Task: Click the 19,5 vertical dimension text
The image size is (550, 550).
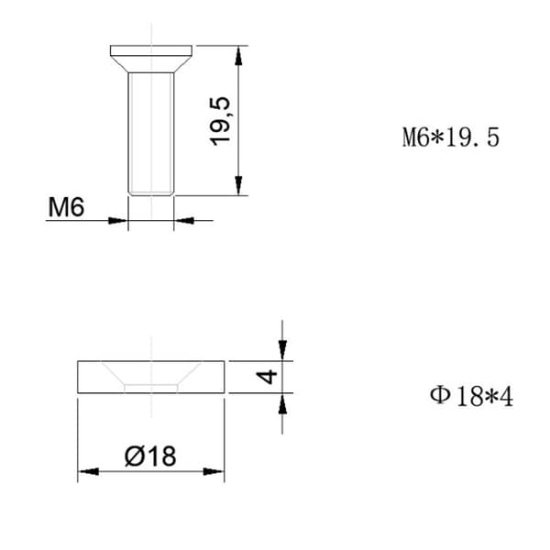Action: coord(220,121)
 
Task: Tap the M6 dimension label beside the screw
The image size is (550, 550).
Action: coord(66,207)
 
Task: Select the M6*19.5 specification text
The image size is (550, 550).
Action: coord(451,137)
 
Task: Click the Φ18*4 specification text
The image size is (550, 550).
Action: coord(471,397)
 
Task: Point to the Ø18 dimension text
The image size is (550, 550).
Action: coord(150,456)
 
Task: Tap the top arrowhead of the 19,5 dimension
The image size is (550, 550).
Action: coord(238,56)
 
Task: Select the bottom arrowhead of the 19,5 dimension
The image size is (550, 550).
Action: coord(238,185)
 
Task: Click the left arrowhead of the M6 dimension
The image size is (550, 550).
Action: coord(117,221)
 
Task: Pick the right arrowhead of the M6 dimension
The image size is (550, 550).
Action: coord(184,221)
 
